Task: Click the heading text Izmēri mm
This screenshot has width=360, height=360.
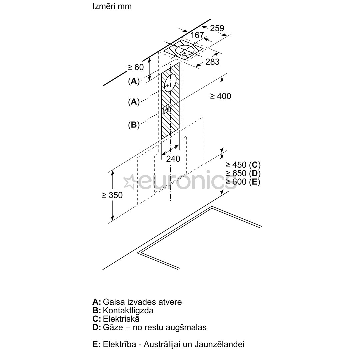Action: [112, 6]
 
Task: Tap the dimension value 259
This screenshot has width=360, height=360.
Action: [217, 28]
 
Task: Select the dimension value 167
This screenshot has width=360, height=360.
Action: [197, 35]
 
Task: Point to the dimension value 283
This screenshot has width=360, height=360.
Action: [212, 62]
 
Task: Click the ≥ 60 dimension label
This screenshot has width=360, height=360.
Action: [135, 67]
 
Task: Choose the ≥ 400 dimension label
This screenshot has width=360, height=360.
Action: [220, 96]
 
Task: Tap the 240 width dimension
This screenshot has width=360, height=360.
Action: [173, 159]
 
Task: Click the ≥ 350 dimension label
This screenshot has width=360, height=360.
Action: [112, 195]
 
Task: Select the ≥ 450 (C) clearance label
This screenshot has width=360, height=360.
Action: [243, 165]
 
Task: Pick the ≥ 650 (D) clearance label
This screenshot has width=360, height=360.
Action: [243, 173]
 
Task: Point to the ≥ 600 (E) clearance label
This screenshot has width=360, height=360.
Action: [243, 182]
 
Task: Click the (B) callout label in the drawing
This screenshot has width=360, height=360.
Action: [134, 125]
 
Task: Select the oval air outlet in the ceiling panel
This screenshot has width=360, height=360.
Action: [185, 51]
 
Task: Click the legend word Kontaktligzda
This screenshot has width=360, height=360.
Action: [128, 310]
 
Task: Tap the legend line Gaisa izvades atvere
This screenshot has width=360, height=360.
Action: [142, 302]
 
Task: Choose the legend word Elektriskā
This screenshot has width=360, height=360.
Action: [121, 319]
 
